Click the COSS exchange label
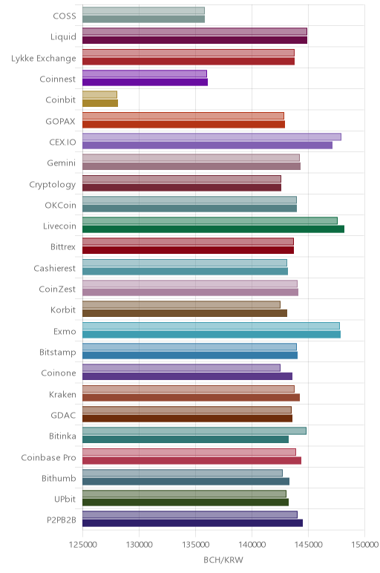[x=65, y=16]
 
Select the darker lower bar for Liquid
[x=194, y=40]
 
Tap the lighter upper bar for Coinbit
[x=99, y=95]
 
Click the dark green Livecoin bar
[x=214, y=229]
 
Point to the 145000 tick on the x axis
[x=308, y=545]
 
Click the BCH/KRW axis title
[x=223, y=560]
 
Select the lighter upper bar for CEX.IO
[x=212, y=137]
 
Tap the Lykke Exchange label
[x=44, y=58]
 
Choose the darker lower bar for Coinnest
[x=145, y=82]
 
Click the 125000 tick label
[x=82, y=545]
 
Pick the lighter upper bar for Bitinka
[x=194, y=430]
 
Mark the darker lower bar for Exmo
[x=212, y=334]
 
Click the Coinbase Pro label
[x=48, y=457]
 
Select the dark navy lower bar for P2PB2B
[x=192, y=523]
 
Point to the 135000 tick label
[x=195, y=545]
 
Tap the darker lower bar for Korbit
[x=185, y=313]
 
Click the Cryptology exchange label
[x=53, y=185]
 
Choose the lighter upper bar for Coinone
[x=182, y=367]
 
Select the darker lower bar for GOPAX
[x=184, y=124]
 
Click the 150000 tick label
[x=364, y=545]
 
